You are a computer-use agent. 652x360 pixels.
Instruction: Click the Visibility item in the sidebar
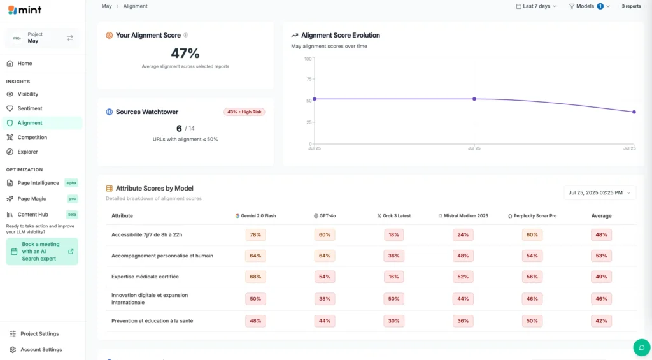(x=27, y=94)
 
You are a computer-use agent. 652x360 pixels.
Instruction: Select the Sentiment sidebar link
(x=30, y=108)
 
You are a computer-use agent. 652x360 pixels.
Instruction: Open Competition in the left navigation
(x=32, y=137)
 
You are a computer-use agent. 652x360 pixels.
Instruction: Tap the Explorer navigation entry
(x=27, y=152)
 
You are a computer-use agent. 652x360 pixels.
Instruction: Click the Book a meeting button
(x=42, y=251)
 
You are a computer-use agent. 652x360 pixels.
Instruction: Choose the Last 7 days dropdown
(x=536, y=6)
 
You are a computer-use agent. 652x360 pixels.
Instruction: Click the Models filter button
(x=588, y=6)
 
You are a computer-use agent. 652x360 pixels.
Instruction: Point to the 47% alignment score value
(x=185, y=53)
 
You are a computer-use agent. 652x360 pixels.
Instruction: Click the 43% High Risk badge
(x=244, y=112)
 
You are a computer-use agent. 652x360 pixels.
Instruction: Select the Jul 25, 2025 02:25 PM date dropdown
(x=599, y=192)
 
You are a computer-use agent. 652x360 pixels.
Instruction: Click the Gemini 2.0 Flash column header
(x=255, y=216)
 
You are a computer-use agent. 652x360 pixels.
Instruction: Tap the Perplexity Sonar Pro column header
(x=532, y=216)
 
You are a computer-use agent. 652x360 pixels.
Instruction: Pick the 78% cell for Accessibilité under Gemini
(x=255, y=234)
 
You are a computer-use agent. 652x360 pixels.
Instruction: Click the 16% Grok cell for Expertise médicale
(x=394, y=277)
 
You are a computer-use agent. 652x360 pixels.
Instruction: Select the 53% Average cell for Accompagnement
(x=601, y=256)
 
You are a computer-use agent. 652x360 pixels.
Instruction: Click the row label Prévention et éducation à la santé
(x=152, y=321)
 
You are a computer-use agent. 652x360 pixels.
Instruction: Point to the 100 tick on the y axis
(x=308, y=59)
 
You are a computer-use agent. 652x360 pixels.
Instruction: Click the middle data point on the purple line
(x=474, y=99)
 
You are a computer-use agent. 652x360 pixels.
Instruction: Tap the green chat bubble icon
(x=641, y=347)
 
